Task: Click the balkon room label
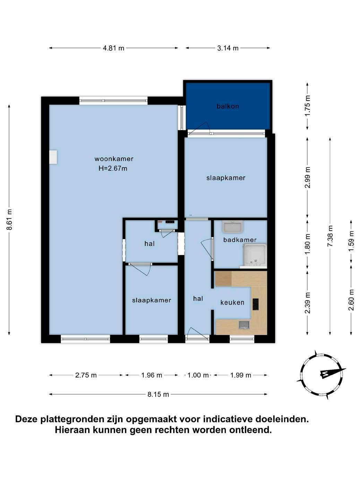228,106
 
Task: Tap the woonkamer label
114,158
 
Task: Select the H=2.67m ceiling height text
113,169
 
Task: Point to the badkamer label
240,240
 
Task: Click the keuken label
232,302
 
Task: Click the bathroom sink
233,227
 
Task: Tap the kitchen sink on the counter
245,325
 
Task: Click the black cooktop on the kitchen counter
256,305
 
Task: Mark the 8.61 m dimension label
9,219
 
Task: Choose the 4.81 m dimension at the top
113,48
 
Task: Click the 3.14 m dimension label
228,48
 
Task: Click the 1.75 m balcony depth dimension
307,106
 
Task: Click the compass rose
321,375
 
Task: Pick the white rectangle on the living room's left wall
53,156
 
